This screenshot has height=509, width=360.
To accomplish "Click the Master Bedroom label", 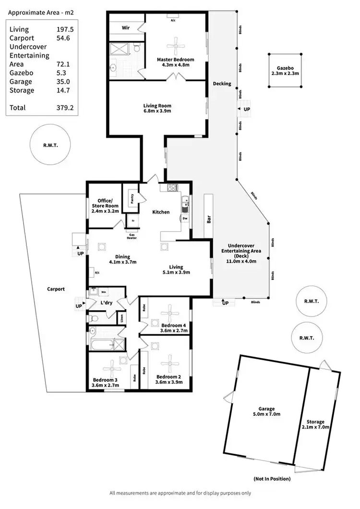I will click(x=175, y=60).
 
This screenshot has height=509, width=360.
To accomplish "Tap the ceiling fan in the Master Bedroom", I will click(x=175, y=46).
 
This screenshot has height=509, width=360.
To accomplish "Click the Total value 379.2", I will click(x=65, y=108).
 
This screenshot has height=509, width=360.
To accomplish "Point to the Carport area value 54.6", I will click(x=63, y=38).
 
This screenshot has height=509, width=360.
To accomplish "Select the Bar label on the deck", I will click(x=209, y=219).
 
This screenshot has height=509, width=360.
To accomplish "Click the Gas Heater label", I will click(x=132, y=235).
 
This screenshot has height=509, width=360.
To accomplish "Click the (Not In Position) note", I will click(x=272, y=479).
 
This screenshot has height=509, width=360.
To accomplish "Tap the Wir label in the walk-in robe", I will click(x=126, y=28).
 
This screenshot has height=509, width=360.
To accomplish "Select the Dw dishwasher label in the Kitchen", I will click(x=185, y=218).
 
